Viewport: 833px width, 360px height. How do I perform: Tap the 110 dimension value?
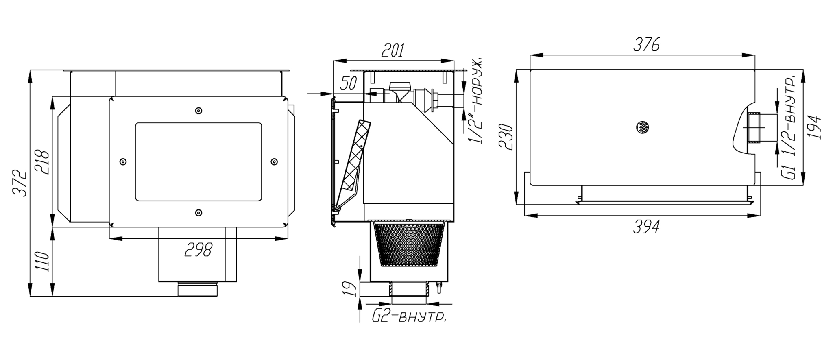[x=43, y=261]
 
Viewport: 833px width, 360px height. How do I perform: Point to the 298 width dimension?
[x=198, y=249]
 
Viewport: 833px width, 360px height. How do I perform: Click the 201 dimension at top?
[x=393, y=51]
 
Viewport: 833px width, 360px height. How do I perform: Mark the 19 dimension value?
[x=352, y=289]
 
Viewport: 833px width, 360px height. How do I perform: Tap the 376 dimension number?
[x=646, y=45]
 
